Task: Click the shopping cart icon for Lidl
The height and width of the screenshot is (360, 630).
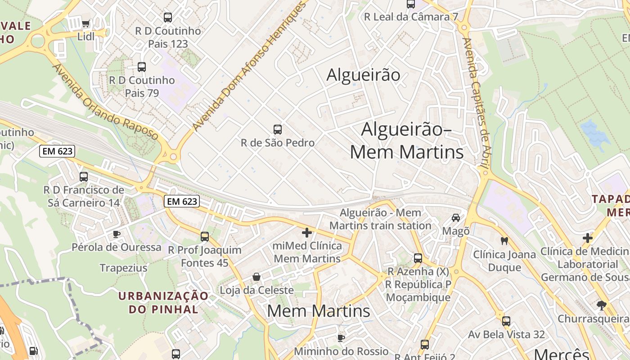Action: pos(85,23)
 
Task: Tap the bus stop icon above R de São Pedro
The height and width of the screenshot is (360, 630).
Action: pos(278,130)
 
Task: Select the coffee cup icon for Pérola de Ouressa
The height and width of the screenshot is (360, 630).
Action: pos(116,234)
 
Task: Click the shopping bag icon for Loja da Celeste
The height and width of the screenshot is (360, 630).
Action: pos(256,276)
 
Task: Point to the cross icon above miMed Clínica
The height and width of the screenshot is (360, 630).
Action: pos(307,233)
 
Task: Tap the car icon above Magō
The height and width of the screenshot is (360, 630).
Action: pos(456,218)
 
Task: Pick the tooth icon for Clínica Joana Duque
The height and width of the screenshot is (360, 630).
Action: pos(504,241)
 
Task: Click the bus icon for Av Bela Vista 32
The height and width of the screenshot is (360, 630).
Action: pos(506,321)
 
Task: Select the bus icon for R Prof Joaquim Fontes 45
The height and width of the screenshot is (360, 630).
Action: pos(205,236)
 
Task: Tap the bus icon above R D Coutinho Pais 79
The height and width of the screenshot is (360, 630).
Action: pos(142,67)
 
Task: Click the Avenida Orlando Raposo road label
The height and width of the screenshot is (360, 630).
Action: pos(106,103)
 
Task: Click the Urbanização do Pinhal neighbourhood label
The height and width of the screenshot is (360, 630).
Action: pos(163,302)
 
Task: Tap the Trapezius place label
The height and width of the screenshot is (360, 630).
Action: pos(123,268)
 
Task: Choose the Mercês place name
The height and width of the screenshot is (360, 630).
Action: pos(562,354)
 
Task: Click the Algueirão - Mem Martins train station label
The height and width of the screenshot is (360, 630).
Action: pos(381,219)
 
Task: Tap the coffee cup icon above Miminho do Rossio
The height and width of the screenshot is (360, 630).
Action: pos(341,337)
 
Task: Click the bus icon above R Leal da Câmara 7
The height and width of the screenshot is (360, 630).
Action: pos(411,4)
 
